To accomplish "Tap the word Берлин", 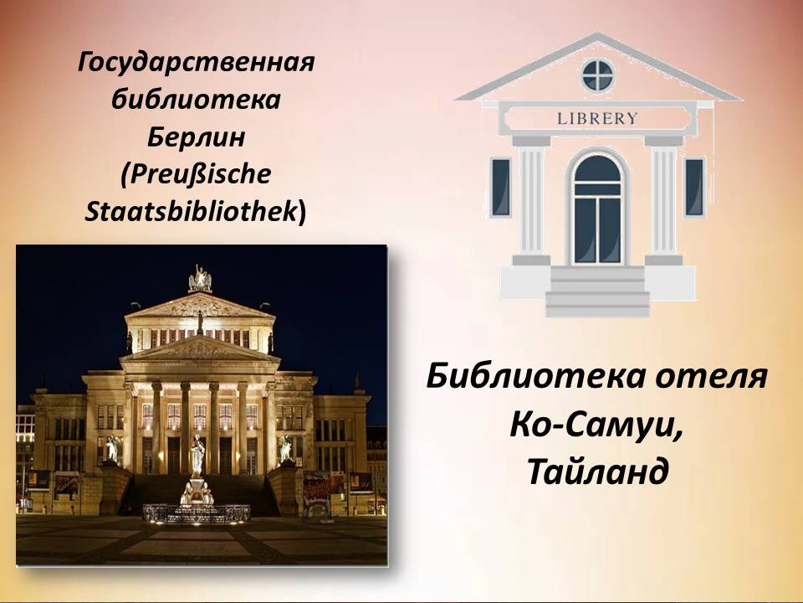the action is (x=196, y=137).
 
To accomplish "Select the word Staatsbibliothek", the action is (x=191, y=211).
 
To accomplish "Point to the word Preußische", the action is (x=201, y=174).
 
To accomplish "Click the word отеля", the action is (x=712, y=376).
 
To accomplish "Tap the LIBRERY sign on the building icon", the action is (x=597, y=118).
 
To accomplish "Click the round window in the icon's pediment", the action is (x=597, y=75).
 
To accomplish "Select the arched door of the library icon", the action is (x=597, y=209).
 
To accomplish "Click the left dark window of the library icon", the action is (x=501, y=187).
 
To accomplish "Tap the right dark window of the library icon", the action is (x=694, y=187).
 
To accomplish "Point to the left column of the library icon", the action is (x=531, y=200).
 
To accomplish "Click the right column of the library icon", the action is (x=663, y=200).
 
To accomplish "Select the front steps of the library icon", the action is (x=597, y=291).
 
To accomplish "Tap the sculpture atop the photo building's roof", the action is (x=200, y=280).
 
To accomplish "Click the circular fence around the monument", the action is (x=197, y=513).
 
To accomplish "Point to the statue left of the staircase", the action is (x=111, y=449).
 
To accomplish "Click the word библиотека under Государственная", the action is (x=196, y=100).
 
